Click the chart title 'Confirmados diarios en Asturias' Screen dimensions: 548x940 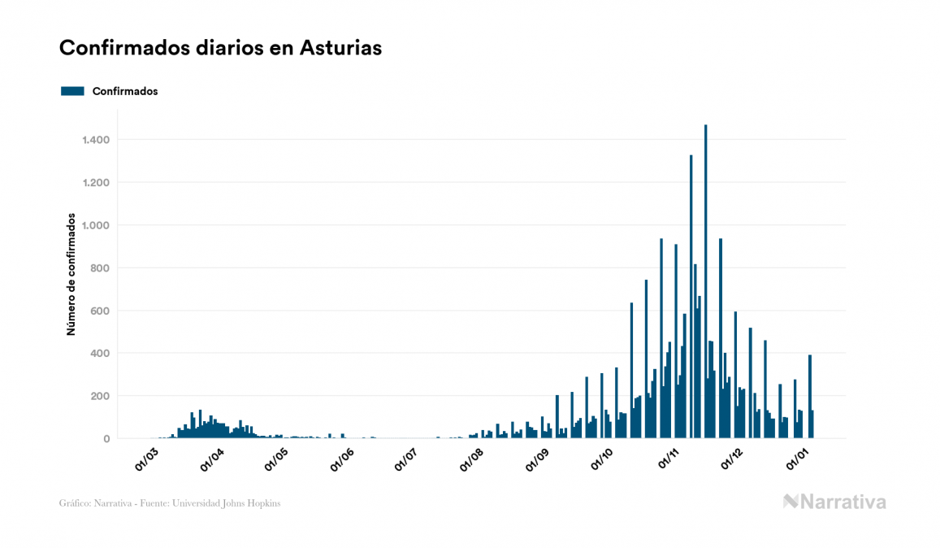point(220,48)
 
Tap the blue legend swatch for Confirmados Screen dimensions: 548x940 point(72,91)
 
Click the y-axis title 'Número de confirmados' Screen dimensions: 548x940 point(71,275)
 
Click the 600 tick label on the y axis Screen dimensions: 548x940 point(100,311)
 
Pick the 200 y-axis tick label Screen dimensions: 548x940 point(100,396)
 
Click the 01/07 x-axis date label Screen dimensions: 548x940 point(407,458)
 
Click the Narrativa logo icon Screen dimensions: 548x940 point(791,502)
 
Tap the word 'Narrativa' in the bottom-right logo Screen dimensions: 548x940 point(843,502)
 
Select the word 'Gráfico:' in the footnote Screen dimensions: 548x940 point(75,503)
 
